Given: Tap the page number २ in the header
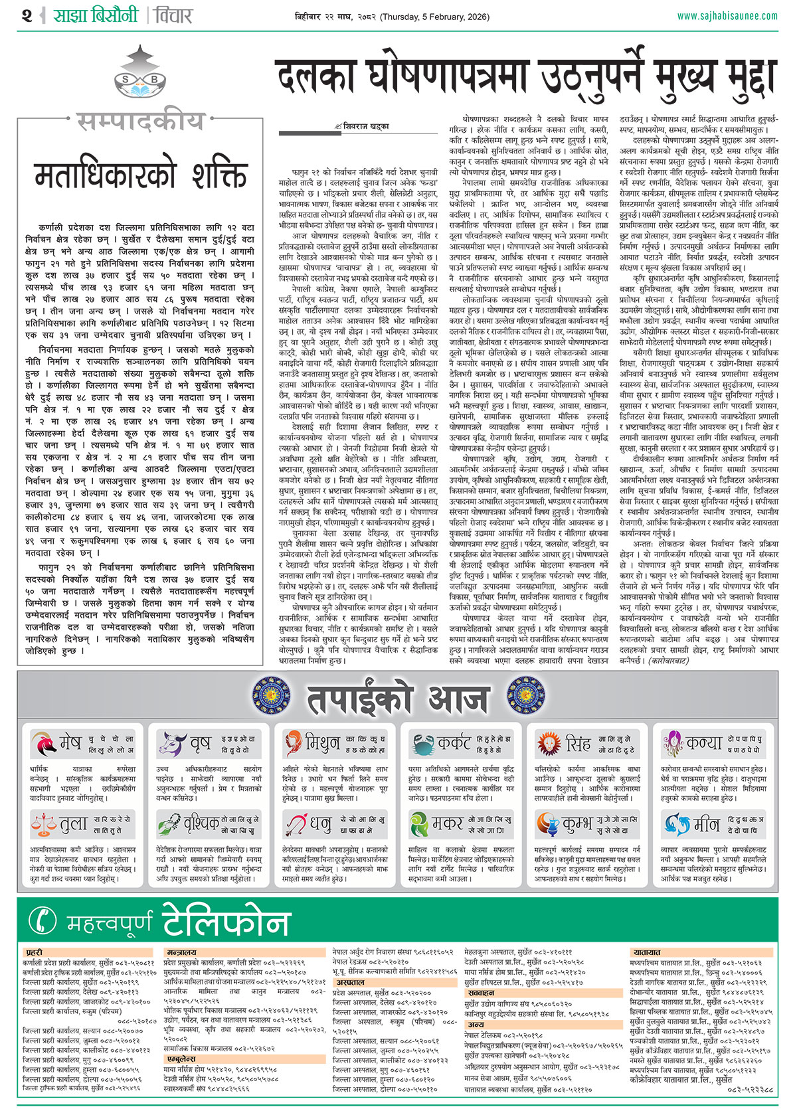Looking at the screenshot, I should click(27, 15).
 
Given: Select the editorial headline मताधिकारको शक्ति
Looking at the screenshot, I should click(140, 176).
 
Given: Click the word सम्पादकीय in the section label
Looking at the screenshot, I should click(140, 122).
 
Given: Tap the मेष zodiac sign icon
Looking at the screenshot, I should click(46, 743).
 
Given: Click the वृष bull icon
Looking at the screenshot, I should click(171, 743).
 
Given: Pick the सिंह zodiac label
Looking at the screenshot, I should click(578, 743).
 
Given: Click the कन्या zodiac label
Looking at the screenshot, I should click(704, 743).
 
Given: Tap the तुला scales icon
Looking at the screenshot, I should click(44, 824).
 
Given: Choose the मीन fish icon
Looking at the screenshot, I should click(675, 824).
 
